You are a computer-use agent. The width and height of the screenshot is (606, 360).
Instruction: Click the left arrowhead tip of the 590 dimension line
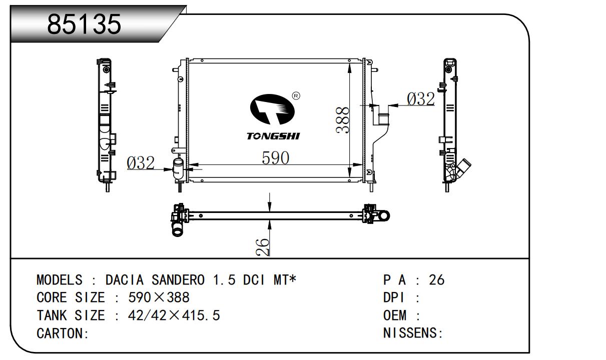coord(189,164)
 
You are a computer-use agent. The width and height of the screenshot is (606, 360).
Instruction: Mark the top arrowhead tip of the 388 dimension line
coord(349,63)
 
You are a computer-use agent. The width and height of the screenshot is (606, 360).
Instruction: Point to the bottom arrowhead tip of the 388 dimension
coord(349,177)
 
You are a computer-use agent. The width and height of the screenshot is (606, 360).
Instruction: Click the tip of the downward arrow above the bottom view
coord(270,211)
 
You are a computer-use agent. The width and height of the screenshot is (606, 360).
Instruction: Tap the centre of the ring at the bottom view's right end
coord(384,215)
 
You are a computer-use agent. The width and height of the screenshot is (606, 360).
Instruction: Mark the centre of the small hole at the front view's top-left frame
coord(202,60)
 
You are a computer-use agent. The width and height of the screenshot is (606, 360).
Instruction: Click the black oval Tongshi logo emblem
coord(272,109)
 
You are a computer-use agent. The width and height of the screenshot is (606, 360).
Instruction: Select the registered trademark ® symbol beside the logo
coord(296,95)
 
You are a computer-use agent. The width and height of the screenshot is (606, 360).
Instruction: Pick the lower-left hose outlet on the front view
coord(178,169)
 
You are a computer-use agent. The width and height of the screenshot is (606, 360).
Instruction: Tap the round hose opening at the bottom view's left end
coord(177,231)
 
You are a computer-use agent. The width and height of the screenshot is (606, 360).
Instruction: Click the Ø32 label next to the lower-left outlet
coord(141,162)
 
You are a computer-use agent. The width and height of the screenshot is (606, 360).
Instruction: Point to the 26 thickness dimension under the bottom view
coord(262,247)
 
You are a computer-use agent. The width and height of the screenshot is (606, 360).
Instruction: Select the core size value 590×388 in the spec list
coord(159,297)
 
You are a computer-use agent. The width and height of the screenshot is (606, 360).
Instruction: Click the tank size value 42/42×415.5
coord(174,315)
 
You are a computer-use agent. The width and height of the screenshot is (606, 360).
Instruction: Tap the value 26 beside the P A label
coord(437,279)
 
